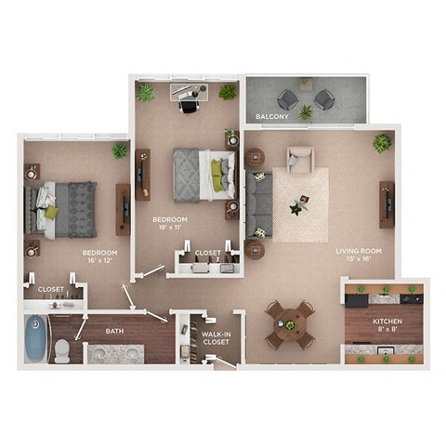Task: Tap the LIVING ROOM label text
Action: click(x=358, y=250)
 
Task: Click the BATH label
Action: click(x=115, y=331)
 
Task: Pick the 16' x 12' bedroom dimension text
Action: click(x=99, y=259)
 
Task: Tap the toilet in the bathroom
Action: click(x=62, y=350)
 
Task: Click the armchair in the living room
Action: click(x=300, y=161)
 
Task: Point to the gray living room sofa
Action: click(x=259, y=205)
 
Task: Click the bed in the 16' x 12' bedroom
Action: click(x=66, y=209)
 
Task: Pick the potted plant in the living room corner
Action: click(x=382, y=143)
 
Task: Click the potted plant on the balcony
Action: click(x=305, y=112)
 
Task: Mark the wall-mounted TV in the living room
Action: click(x=386, y=203)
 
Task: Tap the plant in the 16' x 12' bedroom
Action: click(x=119, y=151)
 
